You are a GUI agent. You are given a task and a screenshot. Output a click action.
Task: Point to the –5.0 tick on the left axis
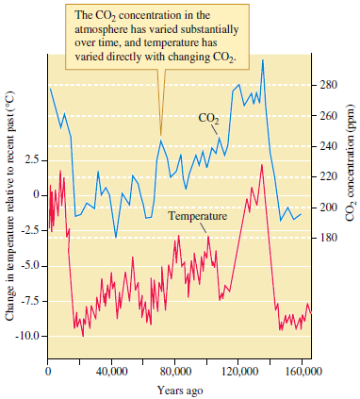coord(28,266)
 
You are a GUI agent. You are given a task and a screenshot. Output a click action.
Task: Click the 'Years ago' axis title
coord(175,390)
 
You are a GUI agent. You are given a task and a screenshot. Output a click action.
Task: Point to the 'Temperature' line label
coord(198,217)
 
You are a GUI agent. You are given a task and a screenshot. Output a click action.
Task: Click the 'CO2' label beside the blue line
coord(208,119)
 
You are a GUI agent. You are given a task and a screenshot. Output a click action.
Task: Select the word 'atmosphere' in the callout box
coord(108,28)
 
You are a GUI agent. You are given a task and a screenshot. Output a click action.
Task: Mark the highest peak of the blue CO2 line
coord(263,60)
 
